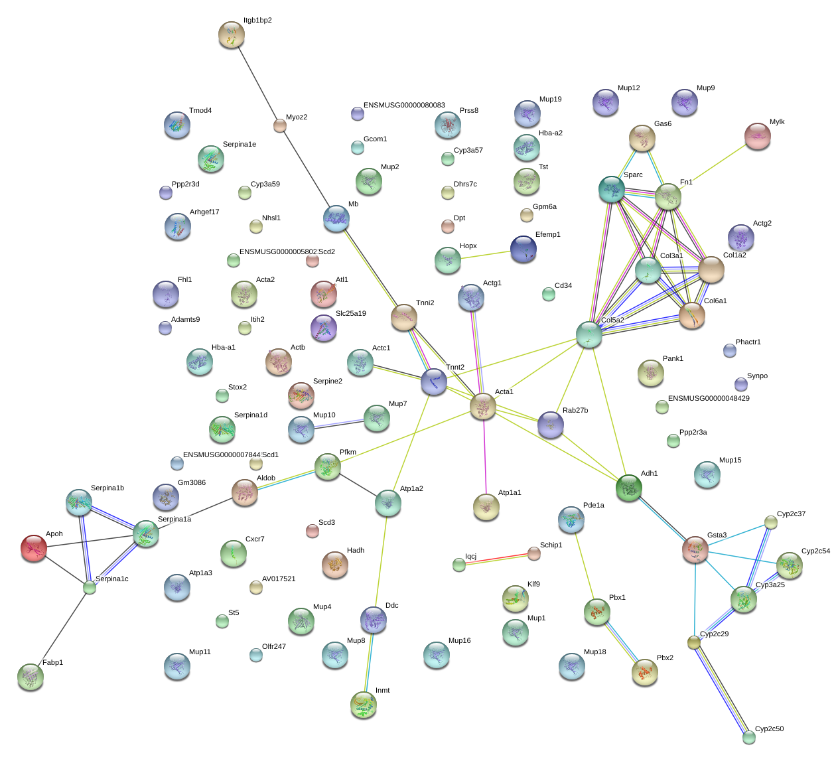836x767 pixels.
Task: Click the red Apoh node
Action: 34,548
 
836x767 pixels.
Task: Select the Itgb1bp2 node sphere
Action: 232,35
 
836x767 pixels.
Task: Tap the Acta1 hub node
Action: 483,407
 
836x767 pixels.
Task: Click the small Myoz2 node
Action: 280,125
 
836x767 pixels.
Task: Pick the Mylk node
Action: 758,136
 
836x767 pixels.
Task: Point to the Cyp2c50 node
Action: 749,736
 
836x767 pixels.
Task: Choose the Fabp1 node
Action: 31,677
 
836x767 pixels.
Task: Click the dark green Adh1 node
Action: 629,488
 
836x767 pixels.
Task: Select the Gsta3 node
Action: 695,550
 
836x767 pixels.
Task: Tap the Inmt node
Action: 364,705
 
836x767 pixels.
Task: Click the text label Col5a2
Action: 612,320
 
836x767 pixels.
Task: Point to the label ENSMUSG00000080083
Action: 404,105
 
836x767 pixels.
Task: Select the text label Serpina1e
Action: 240,145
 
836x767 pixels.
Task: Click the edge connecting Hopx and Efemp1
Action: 486,255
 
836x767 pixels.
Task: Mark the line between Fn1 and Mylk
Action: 713,167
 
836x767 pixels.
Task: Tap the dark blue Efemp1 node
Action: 523,249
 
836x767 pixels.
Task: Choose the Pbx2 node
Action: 645,673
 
